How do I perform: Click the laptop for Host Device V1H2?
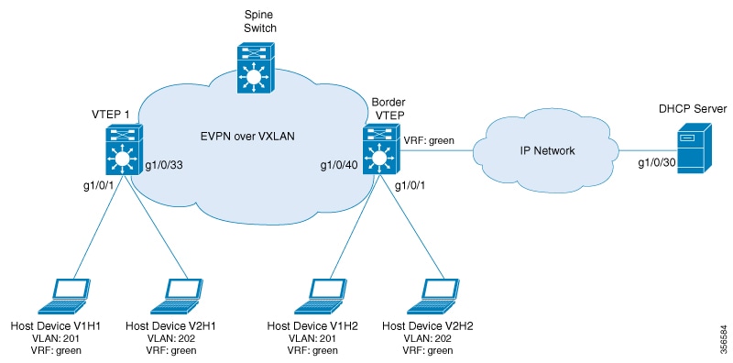pyautogui.click(x=318, y=294)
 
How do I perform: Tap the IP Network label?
pyautogui.click(x=549, y=150)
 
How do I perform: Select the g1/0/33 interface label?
pyautogui.click(x=164, y=167)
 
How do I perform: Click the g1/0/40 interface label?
pyautogui.click(x=338, y=167)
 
